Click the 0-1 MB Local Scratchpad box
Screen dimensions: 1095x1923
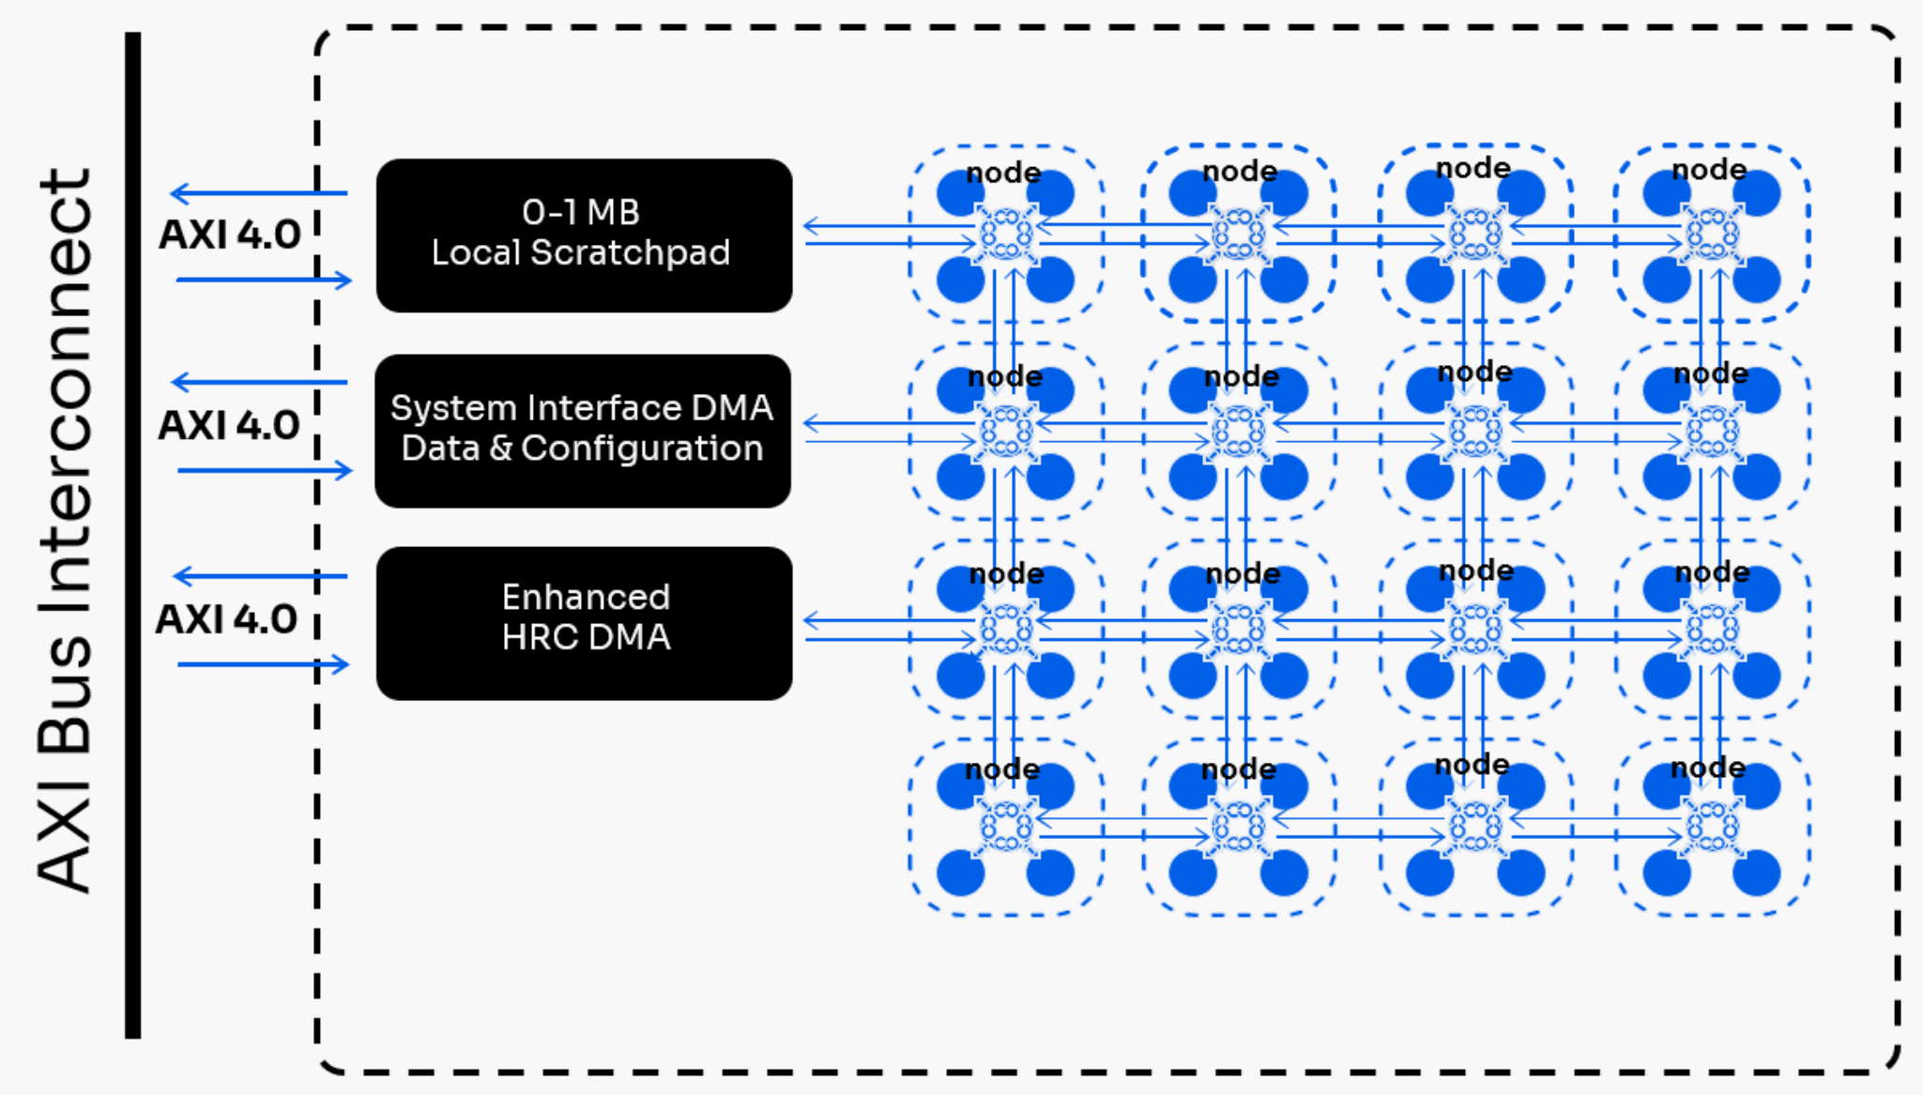584,236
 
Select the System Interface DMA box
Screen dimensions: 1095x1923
582,431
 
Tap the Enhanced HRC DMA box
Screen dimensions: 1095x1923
584,623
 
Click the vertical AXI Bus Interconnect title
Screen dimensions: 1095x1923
65,530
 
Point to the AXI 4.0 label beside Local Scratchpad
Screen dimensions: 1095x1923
230,235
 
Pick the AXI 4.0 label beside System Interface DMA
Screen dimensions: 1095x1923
229,425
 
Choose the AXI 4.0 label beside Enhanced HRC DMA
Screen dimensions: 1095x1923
227,619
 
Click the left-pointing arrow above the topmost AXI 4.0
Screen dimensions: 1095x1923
258,193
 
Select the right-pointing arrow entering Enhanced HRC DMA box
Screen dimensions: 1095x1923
263,664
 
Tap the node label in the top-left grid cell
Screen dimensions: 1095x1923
1004,173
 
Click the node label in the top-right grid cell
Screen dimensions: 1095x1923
1709,170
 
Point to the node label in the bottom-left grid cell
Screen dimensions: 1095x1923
1003,769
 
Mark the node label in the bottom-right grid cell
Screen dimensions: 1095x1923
1708,768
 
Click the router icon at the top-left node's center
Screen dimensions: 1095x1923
1006,234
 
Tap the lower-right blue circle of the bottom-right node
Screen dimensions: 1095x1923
1756,874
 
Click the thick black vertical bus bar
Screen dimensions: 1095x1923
133,535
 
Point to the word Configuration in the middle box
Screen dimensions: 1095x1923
642,449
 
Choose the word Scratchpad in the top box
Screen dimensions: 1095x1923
630,252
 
